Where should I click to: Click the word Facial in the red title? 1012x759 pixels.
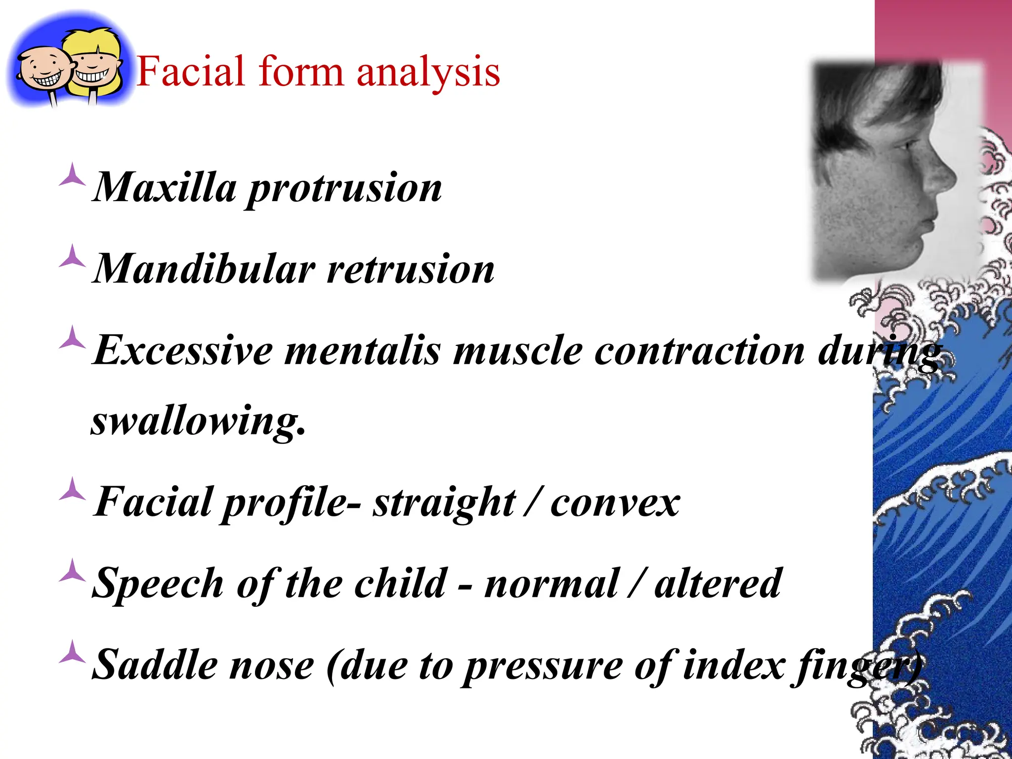190,72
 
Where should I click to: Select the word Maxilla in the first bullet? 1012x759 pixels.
165,188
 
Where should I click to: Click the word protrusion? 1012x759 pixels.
344,189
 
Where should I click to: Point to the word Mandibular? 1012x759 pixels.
204,269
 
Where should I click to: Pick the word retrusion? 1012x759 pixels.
411,270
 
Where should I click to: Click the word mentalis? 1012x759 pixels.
362,350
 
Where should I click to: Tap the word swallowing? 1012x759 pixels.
198,422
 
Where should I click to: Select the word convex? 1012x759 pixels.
615,503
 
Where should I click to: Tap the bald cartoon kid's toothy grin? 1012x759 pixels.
46,79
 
